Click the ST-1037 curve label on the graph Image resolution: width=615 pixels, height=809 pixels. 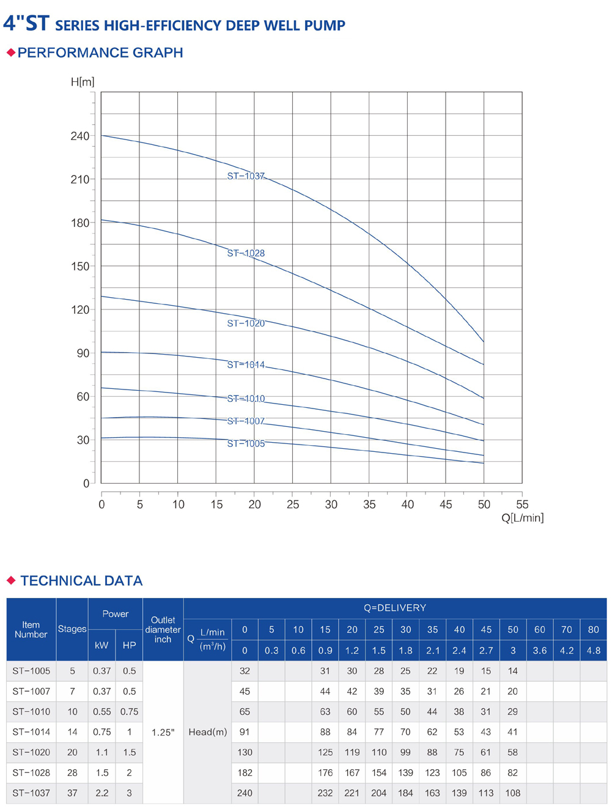click(246, 176)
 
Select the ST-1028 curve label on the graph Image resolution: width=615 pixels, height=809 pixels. click(246, 253)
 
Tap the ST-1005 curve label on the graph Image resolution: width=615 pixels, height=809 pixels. click(246, 443)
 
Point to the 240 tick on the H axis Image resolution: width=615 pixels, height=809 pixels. click(80, 136)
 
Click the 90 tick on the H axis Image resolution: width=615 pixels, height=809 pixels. click(83, 353)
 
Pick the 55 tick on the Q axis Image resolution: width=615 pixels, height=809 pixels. click(522, 504)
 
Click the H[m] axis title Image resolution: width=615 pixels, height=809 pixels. click(83, 82)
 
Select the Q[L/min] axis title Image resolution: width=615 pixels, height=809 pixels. click(522, 518)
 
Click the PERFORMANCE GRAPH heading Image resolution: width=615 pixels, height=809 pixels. click(100, 53)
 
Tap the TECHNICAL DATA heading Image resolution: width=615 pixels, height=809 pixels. click(81, 581)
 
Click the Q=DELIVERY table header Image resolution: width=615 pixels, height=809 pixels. click(394, 608)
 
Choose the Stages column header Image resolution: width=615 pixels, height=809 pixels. click(72, 629)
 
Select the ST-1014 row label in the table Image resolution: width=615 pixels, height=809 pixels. click(31, 732)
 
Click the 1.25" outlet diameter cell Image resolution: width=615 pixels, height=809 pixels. click(163, 732)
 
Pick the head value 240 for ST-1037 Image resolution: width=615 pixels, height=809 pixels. click(245, 793)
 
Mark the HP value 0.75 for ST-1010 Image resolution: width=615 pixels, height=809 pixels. click(129, 712)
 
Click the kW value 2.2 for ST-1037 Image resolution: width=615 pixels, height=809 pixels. click(101, 793)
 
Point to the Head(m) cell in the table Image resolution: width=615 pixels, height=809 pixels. click(208, 732)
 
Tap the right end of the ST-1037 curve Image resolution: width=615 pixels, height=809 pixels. click(484, 342)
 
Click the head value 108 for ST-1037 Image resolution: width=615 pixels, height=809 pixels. click(512, 793)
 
